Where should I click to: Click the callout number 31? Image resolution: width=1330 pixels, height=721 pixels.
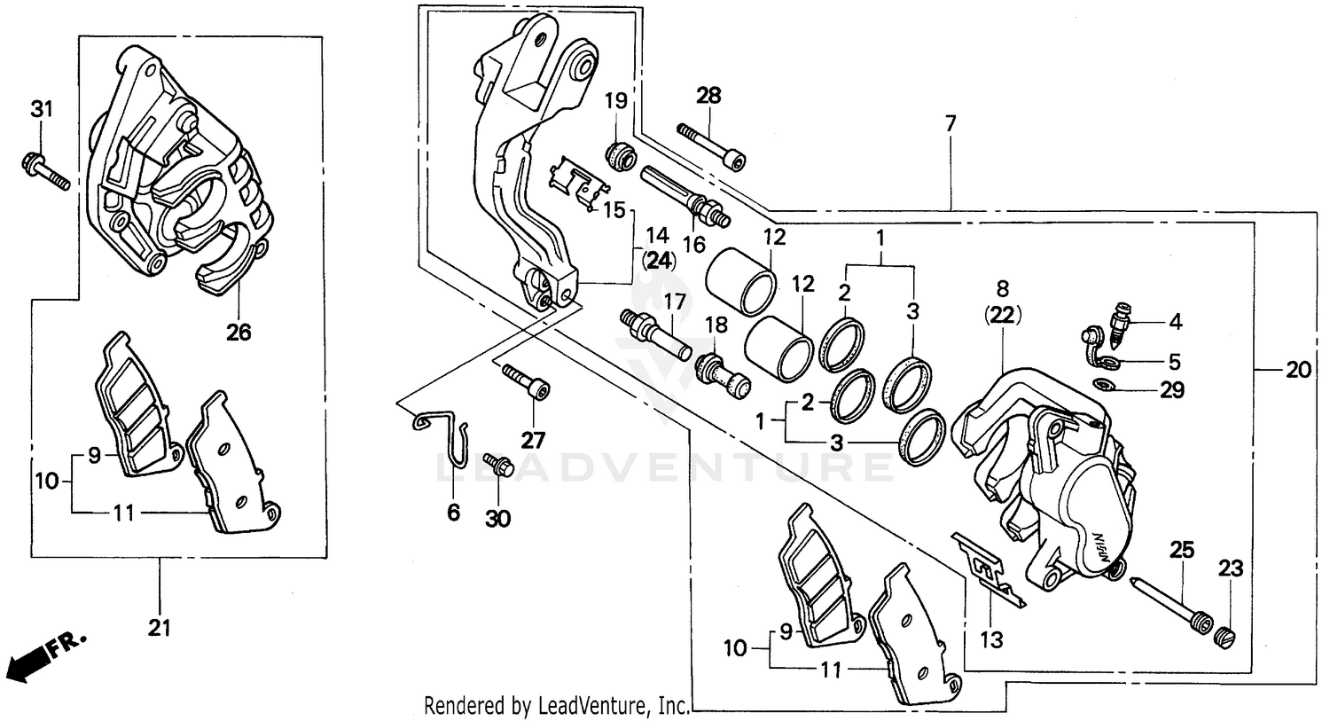point(43,110)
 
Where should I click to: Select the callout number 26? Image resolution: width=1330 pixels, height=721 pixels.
point(239,333)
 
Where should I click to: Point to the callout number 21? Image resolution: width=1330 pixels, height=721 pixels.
point(159,628)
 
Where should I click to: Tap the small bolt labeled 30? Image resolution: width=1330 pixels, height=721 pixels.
point(498,466)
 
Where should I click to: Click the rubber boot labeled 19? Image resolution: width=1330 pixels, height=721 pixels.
point(619,154)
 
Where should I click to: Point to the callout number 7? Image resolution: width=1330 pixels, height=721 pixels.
point(951,124)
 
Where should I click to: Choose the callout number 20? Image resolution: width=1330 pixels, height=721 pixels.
point(1298,370)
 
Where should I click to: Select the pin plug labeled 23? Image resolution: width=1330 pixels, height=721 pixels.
point(1224,636)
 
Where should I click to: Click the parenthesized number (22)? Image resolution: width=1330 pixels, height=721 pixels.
point(1002,314)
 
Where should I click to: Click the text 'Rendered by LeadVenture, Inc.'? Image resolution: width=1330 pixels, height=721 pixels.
point(557,706)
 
